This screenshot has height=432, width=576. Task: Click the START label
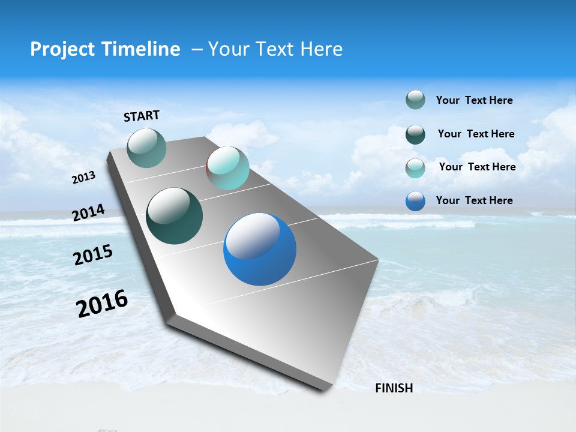pyautogui.click(x=142, y=116)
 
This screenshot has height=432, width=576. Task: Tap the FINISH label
pyautogui.click(x=394, y=388)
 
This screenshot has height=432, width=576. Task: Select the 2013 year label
pyautogui.click(x=84, y=178)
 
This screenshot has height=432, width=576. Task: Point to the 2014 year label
pyautogui.click(x=89, y=212)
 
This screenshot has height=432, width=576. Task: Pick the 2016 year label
pyautogui.click(x=102, y=303)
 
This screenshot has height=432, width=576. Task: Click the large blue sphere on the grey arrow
pyautogui.click(x=260, y=249)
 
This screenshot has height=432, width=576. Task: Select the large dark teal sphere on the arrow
pyautogui.click(x=174, y=216)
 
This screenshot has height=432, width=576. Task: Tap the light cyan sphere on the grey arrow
pyautogui.click(x=227, y=168)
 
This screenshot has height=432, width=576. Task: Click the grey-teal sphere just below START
pyautogui.click(x=146, y=148)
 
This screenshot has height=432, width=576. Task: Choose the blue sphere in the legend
pyautogui.click(x=415, y=201)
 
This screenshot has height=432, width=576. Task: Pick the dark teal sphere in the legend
pyautogui.click(x=415, y=134)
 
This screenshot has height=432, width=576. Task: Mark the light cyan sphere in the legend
pyautogui.click(x=415, y=168)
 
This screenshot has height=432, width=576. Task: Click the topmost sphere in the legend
pyautogui.click(x=415, y=100)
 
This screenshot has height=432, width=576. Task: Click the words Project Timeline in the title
pyautogui.click(x=105, y=49)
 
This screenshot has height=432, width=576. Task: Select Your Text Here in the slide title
pyautogui.click(x=275, y=49)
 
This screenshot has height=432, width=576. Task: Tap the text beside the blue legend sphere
pyautogui.click(x=474, y=200)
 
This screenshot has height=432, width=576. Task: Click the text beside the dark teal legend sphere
pyautogui.click(x=476, y=134)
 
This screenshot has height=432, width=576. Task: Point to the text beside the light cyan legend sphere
pyautogui.click(x=477, y=167)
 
